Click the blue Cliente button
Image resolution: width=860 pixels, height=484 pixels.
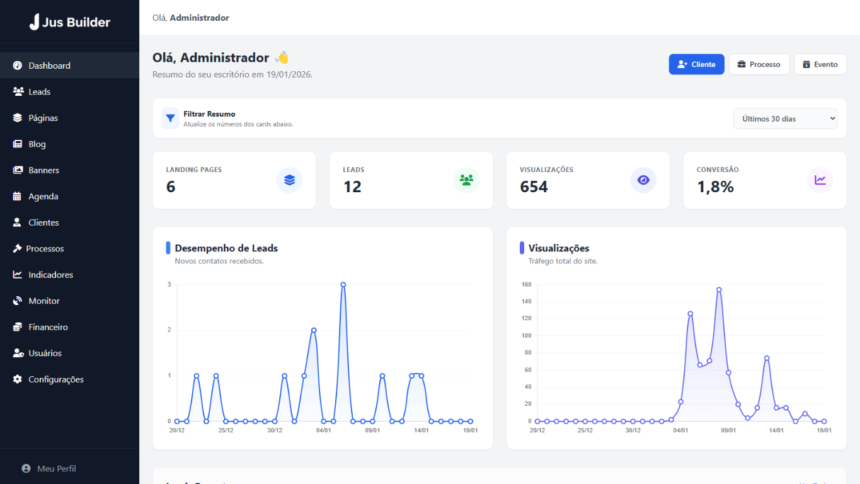[696, 64]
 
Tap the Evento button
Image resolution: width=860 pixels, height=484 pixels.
[820, 64]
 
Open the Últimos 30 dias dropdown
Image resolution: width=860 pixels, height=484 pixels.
[785, 118]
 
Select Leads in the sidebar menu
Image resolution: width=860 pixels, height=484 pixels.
[39, 92]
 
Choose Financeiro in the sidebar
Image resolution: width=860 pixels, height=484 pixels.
[48, 327]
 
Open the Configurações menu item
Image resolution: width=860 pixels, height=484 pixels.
[55, 379]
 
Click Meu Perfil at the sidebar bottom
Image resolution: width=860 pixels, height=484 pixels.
[56, 468]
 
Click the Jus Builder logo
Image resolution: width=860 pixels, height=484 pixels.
[69, 22]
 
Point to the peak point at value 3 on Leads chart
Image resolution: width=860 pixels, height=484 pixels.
[343, 285]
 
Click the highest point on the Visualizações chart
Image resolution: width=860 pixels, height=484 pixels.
[719, 290]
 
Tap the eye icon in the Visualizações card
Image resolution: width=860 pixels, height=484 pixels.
[643, 180]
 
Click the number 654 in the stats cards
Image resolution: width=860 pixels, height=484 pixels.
[534, 187]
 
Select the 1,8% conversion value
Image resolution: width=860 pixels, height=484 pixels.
[715, 187]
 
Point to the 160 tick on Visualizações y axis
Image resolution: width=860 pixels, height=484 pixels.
[526, 285]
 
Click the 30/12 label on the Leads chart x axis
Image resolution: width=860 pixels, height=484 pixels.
[274, 430]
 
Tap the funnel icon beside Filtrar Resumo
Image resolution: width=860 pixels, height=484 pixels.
[170, 118]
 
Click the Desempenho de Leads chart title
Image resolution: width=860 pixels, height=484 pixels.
[226, 248]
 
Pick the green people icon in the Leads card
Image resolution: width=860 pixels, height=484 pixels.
[466, 180]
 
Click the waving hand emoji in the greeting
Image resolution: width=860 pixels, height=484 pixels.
[282, 57]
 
